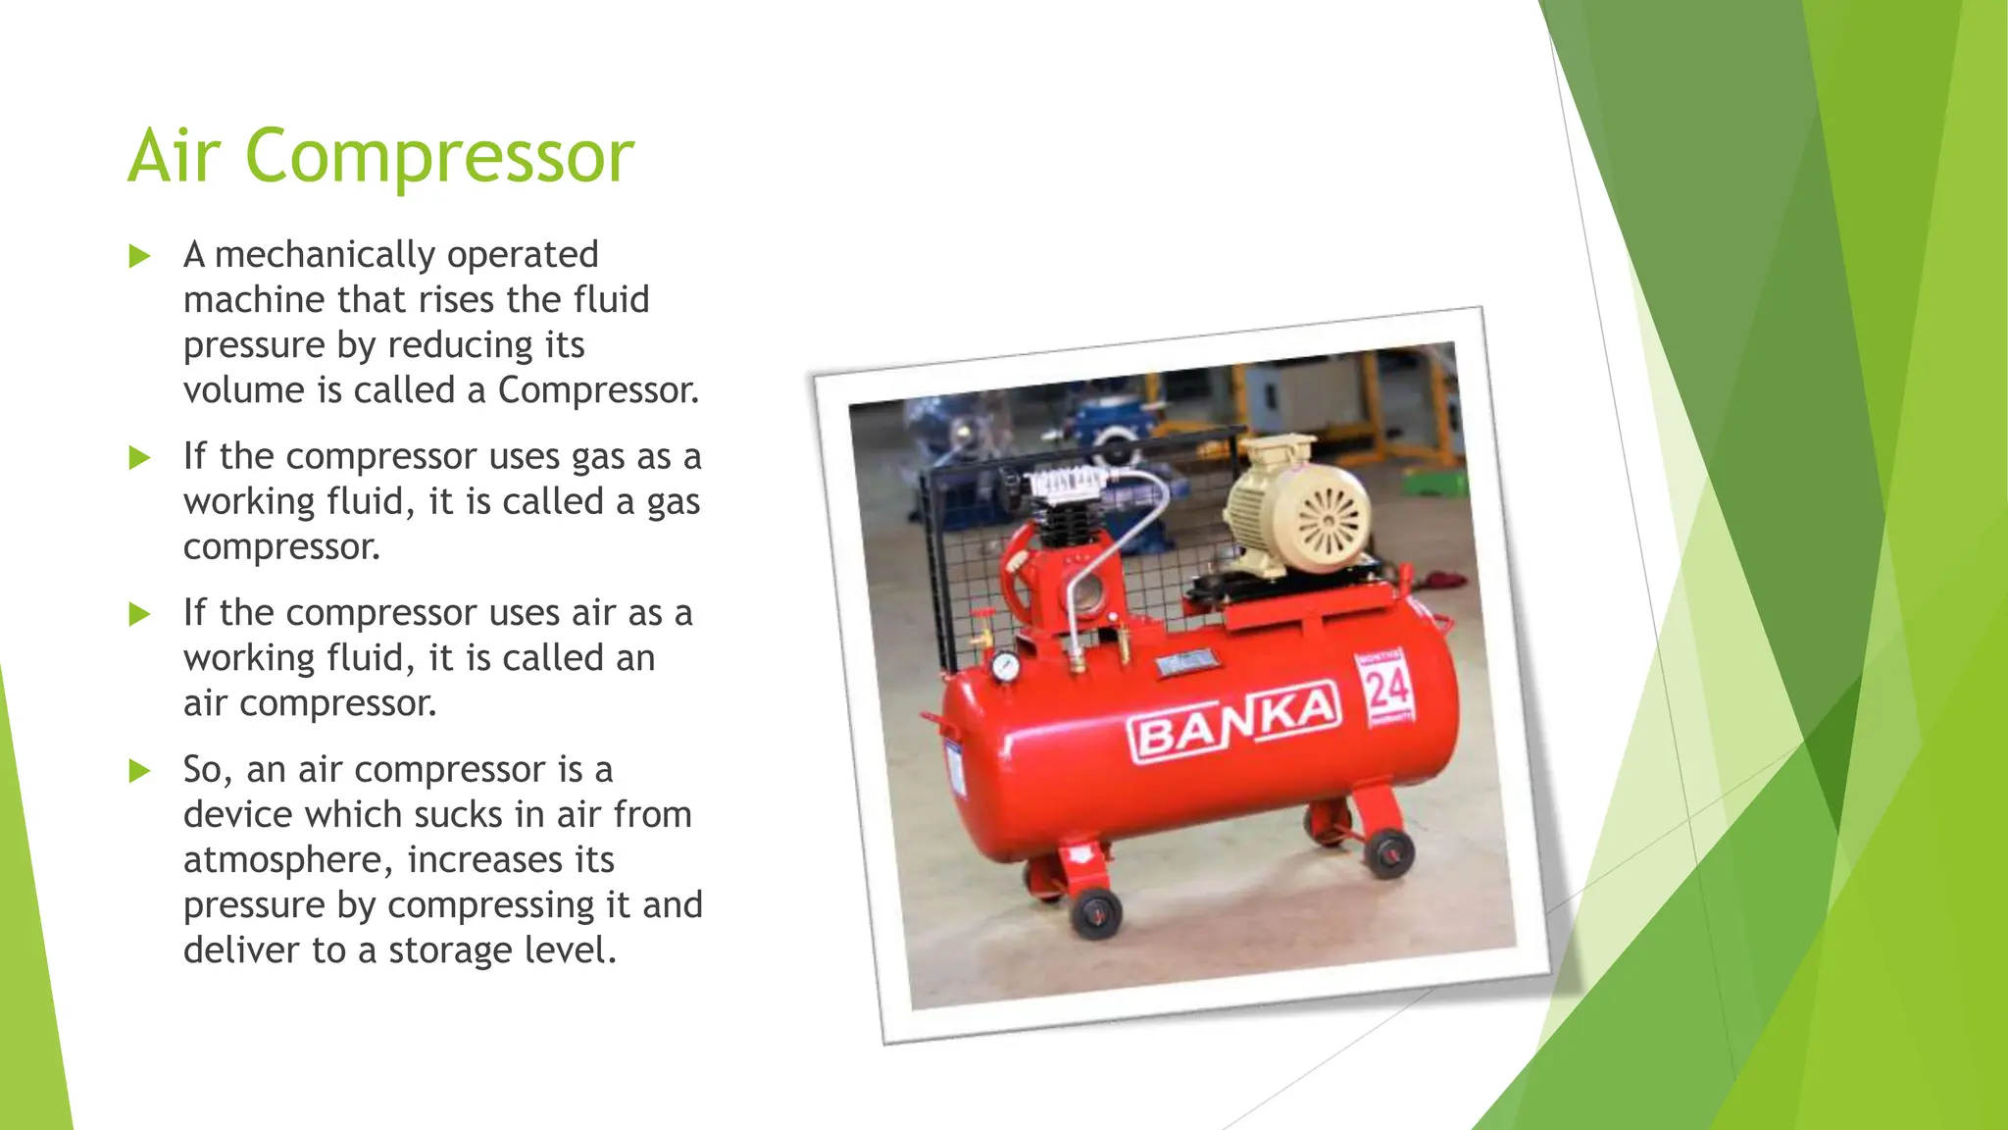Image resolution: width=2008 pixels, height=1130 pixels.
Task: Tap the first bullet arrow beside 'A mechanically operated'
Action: (140, 257)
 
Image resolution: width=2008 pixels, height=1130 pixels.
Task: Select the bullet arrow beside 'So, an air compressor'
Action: (140, 771)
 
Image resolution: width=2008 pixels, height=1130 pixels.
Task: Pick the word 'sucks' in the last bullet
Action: (456, 815)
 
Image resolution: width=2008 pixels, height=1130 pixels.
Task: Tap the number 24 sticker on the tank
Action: (1386, 690)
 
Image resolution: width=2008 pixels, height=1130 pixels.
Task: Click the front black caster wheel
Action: (1096, 914)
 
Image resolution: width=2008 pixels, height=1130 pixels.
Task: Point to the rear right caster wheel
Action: (1388, 851)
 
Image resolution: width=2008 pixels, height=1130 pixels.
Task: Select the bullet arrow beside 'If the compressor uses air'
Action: (140, 615)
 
